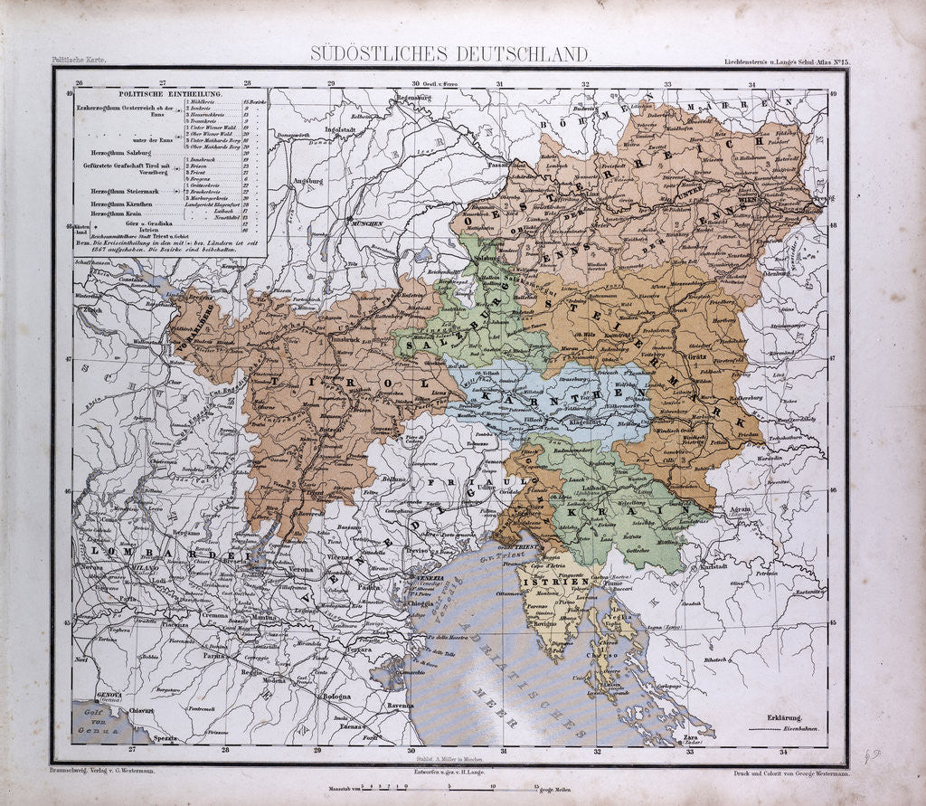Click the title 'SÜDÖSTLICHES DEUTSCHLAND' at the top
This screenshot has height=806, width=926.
click(451, 53)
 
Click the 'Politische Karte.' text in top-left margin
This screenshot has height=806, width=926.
click(73, 60)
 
